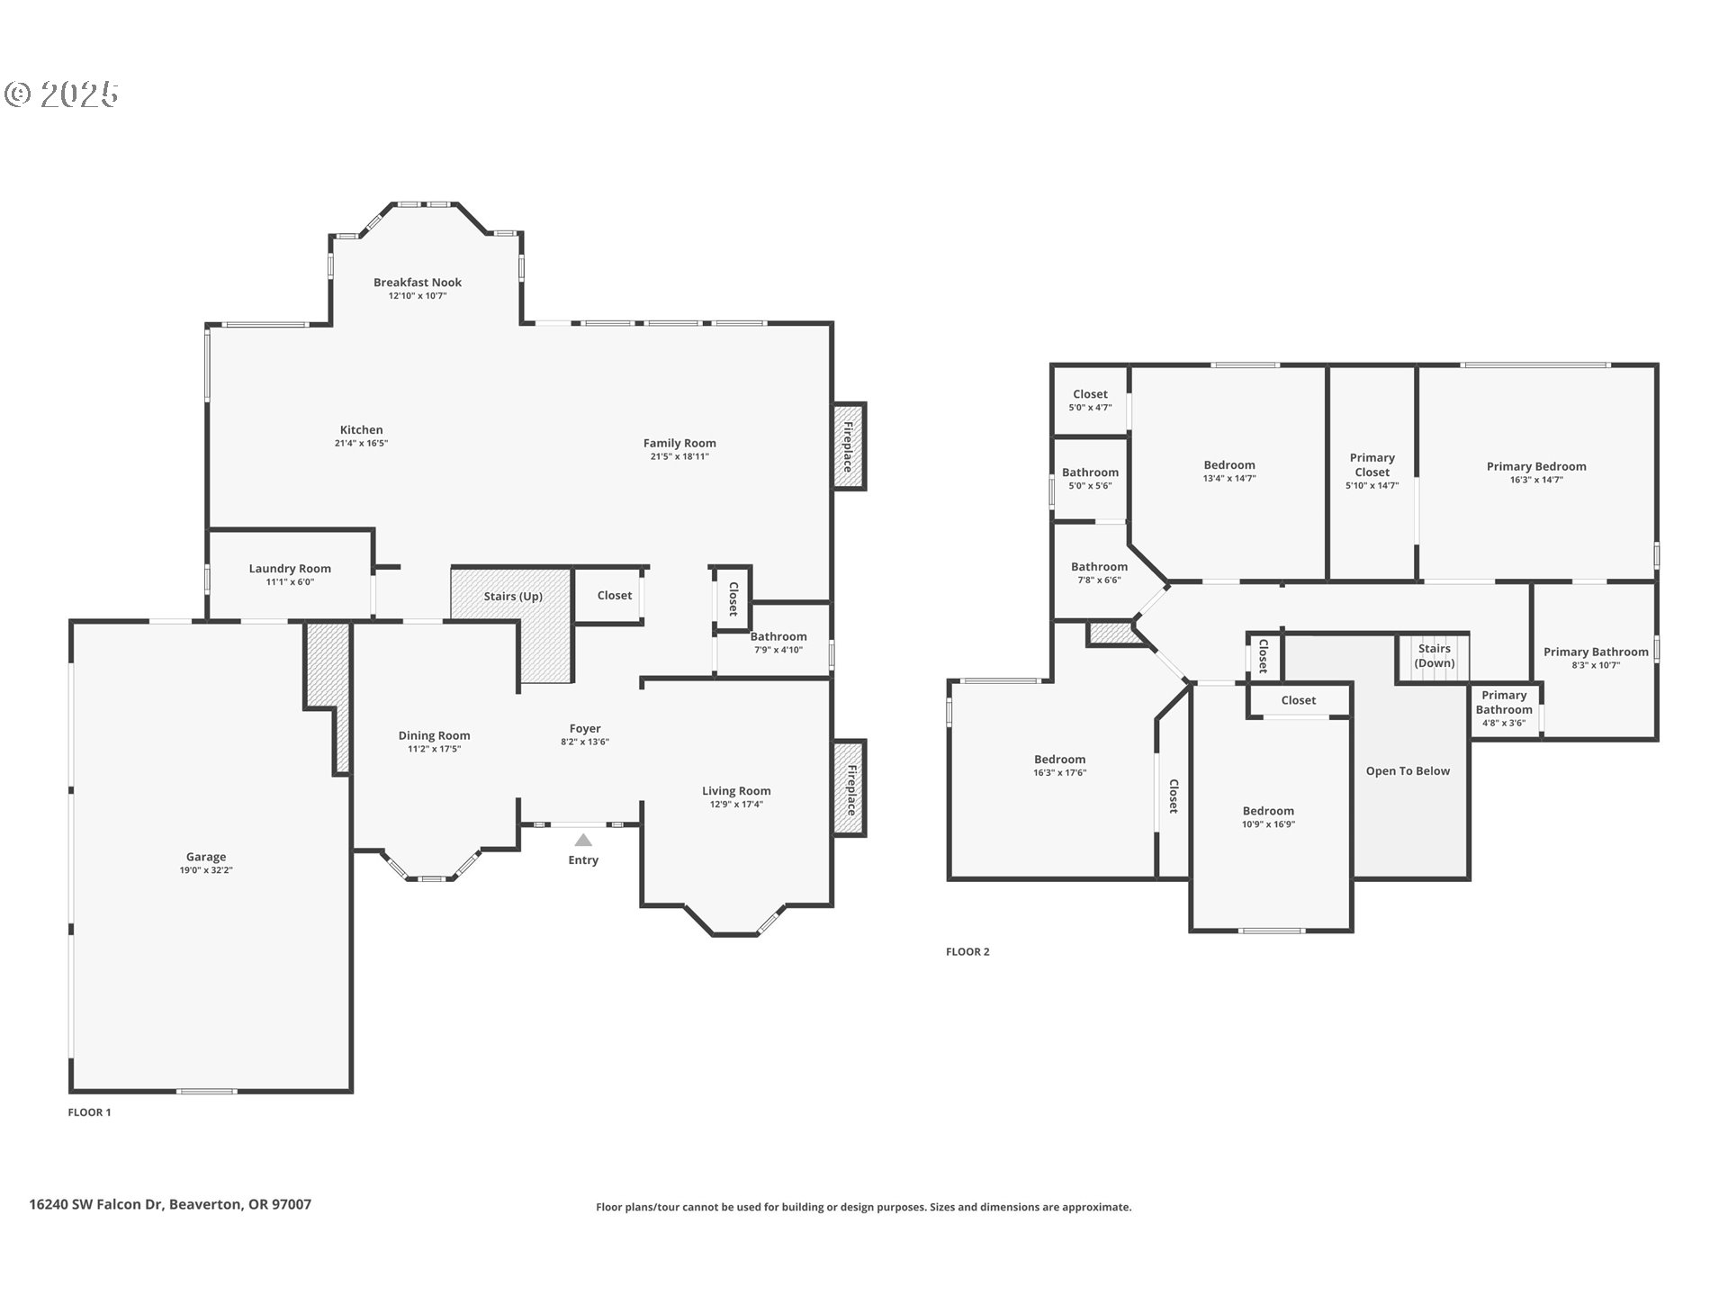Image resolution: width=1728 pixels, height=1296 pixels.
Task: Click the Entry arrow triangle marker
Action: point(583,840)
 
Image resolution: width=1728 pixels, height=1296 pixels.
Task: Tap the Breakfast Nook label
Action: point(418,283)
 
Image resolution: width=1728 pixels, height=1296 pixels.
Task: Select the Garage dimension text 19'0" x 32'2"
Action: point(206,870)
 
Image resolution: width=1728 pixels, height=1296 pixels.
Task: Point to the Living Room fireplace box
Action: point(848,789)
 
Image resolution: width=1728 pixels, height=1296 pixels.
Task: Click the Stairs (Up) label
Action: point(513,597)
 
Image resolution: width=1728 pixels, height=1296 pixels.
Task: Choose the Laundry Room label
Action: point(290,569)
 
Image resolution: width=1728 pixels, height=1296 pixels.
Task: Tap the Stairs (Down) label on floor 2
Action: point(1434,655)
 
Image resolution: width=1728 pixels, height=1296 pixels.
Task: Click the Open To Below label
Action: point(1408,771)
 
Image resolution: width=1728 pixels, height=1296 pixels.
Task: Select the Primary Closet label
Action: point(1372,465)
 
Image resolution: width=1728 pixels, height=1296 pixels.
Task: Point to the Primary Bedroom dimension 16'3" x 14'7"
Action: point(1536,480)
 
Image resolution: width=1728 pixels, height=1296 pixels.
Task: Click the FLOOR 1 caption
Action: point(89,1112)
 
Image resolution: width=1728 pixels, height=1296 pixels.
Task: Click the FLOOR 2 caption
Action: point(967,951)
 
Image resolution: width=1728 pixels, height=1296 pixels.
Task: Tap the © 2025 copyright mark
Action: point(62,94)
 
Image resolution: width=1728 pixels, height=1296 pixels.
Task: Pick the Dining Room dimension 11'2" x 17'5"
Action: point(434,749)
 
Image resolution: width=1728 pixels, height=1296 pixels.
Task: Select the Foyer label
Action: point(585,729)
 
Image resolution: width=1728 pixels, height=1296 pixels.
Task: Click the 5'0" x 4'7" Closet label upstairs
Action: point(1090,394)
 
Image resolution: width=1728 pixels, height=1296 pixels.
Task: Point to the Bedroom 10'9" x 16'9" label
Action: point(1268,811)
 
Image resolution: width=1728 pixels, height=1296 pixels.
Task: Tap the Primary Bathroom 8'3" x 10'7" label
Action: point(1596,652)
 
